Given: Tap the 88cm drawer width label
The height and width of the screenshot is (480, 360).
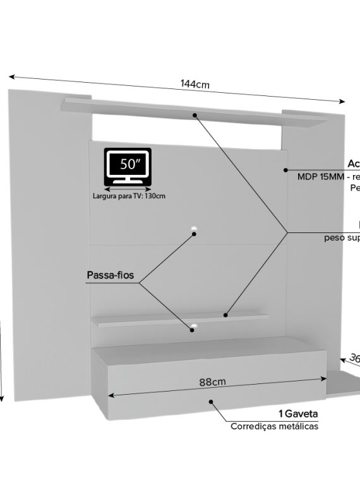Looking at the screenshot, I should pyautogui.click(x=212, y=381).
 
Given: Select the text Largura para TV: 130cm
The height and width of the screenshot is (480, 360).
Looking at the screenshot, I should pyautogui.click(x=128, y=196).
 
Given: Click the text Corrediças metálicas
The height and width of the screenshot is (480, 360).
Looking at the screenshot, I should pyautogui.click(x=274, y=426).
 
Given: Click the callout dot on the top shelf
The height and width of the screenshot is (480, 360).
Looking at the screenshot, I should pyautogui.click(x=195, y=116).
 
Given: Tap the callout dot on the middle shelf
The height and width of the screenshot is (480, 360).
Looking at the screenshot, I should pyautogui.click(x=225, y=313).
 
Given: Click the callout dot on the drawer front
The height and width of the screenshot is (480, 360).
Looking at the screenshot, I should pyautogui.click(x=211, y=400).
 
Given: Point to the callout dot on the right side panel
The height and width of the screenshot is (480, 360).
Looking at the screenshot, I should pyautogui.click(x=285, y=169).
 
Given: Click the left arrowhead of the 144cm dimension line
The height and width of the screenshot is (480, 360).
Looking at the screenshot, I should pyautogui.click(x=11, y=76).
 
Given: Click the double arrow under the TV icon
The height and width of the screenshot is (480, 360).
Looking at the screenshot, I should pyautogui.click(x=128, y=188).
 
